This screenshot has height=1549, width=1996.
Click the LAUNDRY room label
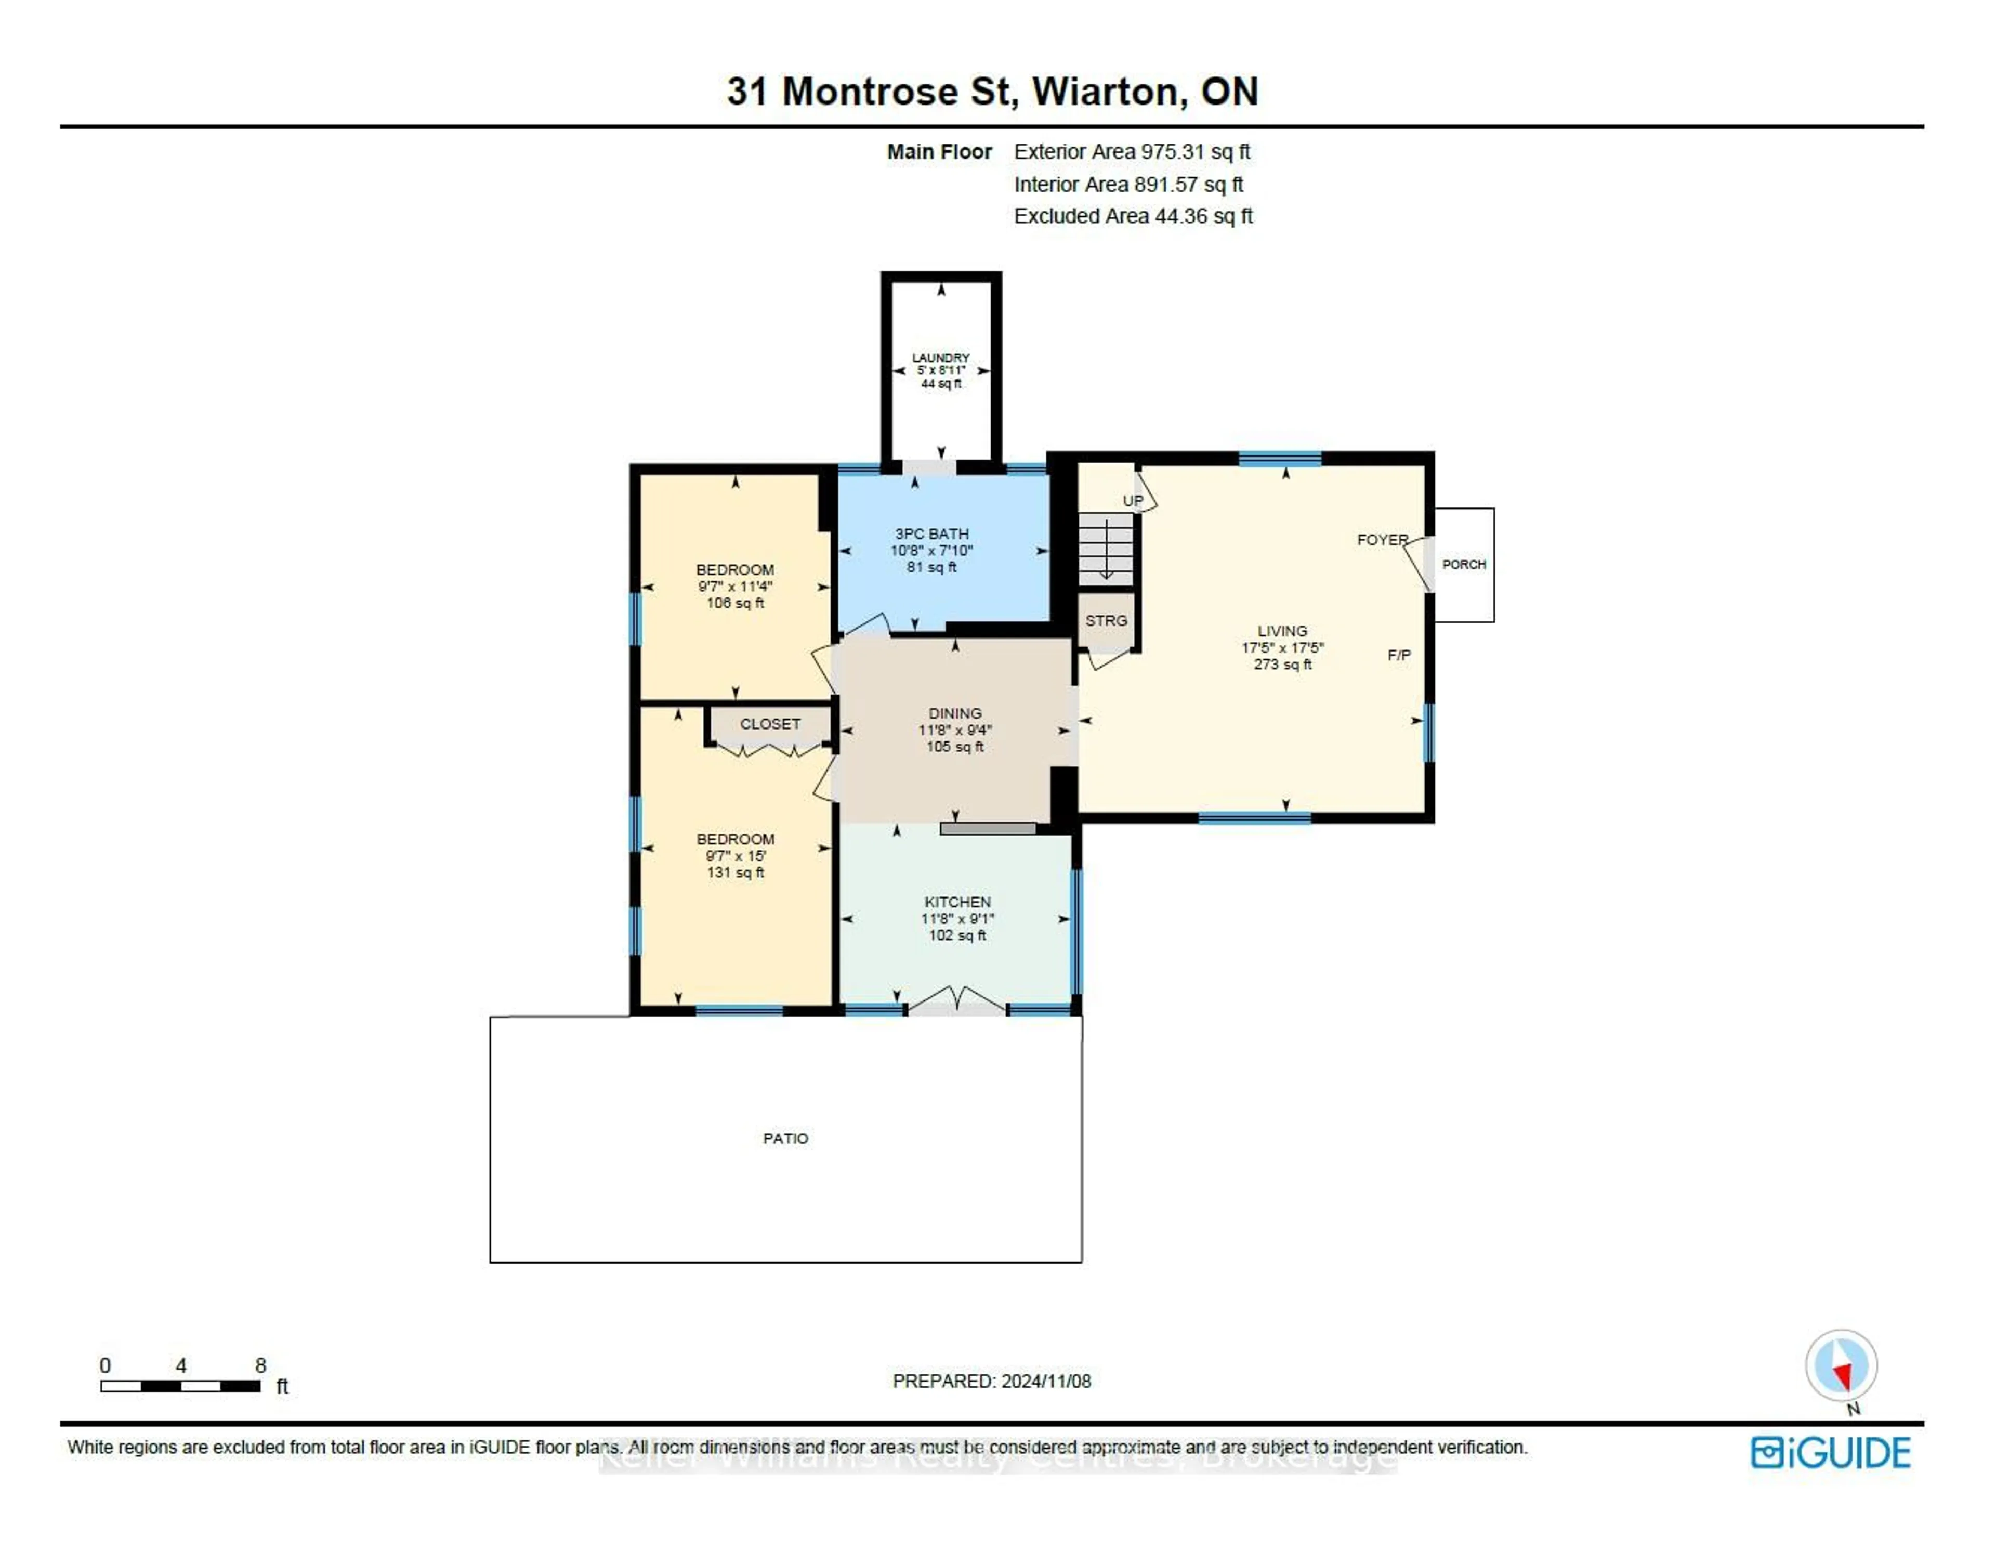[940, 358]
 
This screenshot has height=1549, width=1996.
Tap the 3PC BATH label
[931, 533]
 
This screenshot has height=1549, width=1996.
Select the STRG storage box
[1106, 621]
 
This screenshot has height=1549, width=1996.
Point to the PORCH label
[1463, 564]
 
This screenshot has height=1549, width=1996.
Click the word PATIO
[785, 1138]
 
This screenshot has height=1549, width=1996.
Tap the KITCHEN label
[957, 902]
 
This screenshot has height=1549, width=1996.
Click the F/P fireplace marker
[1398, 655]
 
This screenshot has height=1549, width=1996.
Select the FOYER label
[1382, 540]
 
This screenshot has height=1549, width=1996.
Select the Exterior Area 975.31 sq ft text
[1132, 152]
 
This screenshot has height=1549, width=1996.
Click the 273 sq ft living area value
[1282, 664]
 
